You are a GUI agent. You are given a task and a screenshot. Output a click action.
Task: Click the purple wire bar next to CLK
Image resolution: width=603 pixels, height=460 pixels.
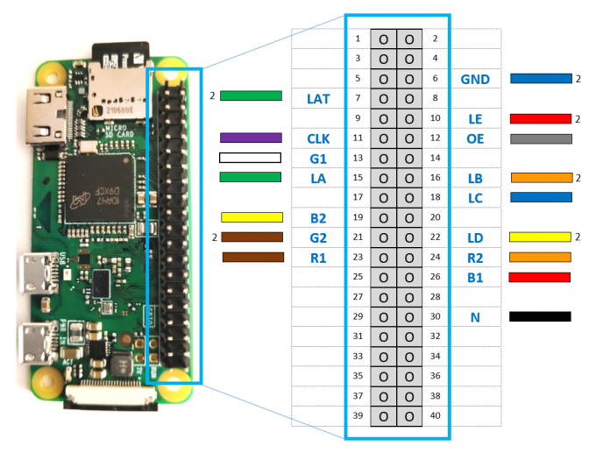pyautogui.click(x=250, y=138)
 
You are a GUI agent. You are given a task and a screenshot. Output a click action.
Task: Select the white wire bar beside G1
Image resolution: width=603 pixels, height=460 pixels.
pyautogui.click(x=250, y=158)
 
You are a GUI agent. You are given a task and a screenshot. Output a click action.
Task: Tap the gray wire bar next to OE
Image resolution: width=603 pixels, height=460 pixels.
pyautogui.click(x=541, y=138)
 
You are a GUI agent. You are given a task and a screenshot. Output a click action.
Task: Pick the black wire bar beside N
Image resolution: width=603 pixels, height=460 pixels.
pyautogui.click(x=541, y=316)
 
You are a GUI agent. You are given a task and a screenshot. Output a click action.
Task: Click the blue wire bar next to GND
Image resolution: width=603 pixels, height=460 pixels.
pyautogui.click(x=541, y=79)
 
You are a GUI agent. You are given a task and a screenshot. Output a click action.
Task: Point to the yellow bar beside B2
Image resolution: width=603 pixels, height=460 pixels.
pyautogui.click(x=252, y=217)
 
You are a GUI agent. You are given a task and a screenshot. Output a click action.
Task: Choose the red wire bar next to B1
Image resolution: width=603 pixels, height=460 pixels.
pyautogui.click(x=541, y=277)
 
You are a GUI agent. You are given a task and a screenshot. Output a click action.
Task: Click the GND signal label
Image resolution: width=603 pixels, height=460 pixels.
pyautogui.click(x=475, y=80)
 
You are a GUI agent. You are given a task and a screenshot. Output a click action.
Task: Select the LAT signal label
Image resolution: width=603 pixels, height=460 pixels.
pyautogui.click(x=318, y=99)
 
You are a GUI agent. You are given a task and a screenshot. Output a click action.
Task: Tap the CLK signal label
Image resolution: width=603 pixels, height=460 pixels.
pyautogui.click(x=318, y=138)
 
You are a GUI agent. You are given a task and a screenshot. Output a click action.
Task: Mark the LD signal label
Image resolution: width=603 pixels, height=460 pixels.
pyautogui.click(x=475, y=237)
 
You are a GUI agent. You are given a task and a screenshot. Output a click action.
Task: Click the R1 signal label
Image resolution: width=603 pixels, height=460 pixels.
pyautogui.click(x=318, y=258)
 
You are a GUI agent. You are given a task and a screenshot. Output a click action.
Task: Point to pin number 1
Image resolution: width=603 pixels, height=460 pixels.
pyautogui.click(x=357, y=39)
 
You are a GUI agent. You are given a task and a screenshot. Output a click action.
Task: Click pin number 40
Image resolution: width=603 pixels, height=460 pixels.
pyautogui.click(x=436, y=415)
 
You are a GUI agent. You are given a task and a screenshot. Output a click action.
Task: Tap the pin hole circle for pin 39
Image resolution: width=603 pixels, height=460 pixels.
pyautogui.click(x=384, y=415)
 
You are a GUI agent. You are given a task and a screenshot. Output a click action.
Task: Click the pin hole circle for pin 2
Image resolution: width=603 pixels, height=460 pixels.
pyautogui.click(x=409, y=39)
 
